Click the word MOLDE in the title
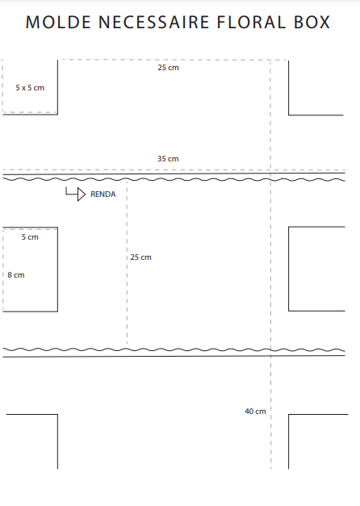[x=58, y=23]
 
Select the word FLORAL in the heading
[x=251, y=23]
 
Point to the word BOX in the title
[x=312, y=23]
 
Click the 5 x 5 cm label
[x=30, y=88]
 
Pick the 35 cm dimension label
[x=168, y=159]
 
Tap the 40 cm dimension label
[x=255, y=412]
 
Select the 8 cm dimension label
[x=16, y=275]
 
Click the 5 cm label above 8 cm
[x=30, y=237]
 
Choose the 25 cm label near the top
[x=168, y=68]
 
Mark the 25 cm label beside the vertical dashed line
[x=140, y=257]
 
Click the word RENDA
[x=103, y=194]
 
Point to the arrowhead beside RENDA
[x=82, y=194]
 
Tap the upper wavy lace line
[x=174, y=179]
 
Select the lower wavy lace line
[x=174, y=349]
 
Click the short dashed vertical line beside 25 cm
[x=127, y=262]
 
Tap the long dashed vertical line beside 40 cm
[x=270, y=265]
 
